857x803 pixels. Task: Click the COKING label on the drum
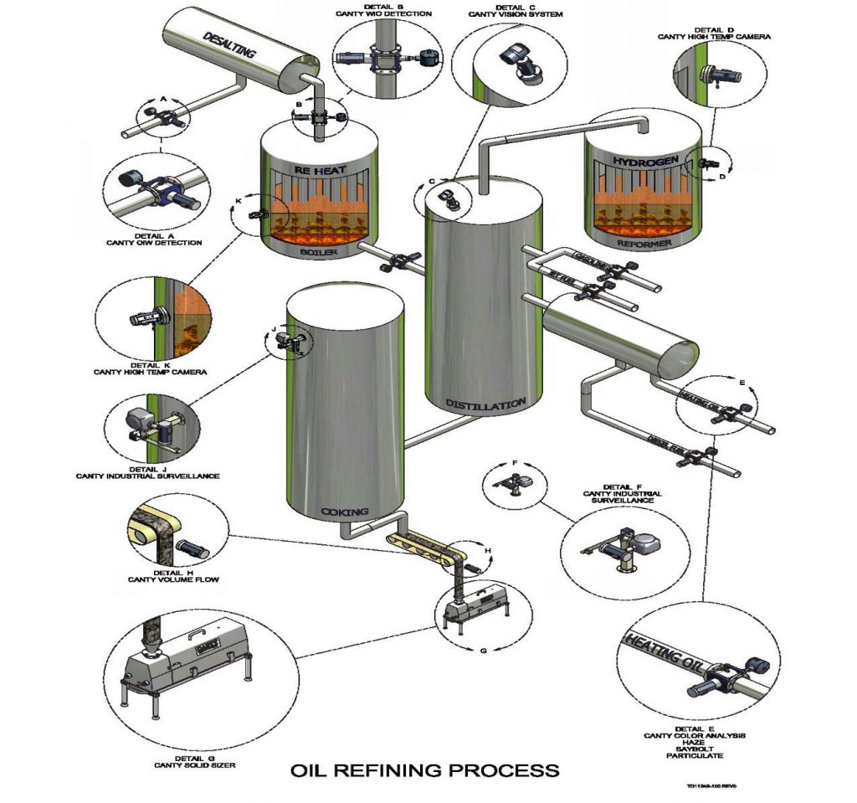[x=345, y=510]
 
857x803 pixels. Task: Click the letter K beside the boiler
[x=238, y=201]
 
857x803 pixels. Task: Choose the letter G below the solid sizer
[x=482, y=651]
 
